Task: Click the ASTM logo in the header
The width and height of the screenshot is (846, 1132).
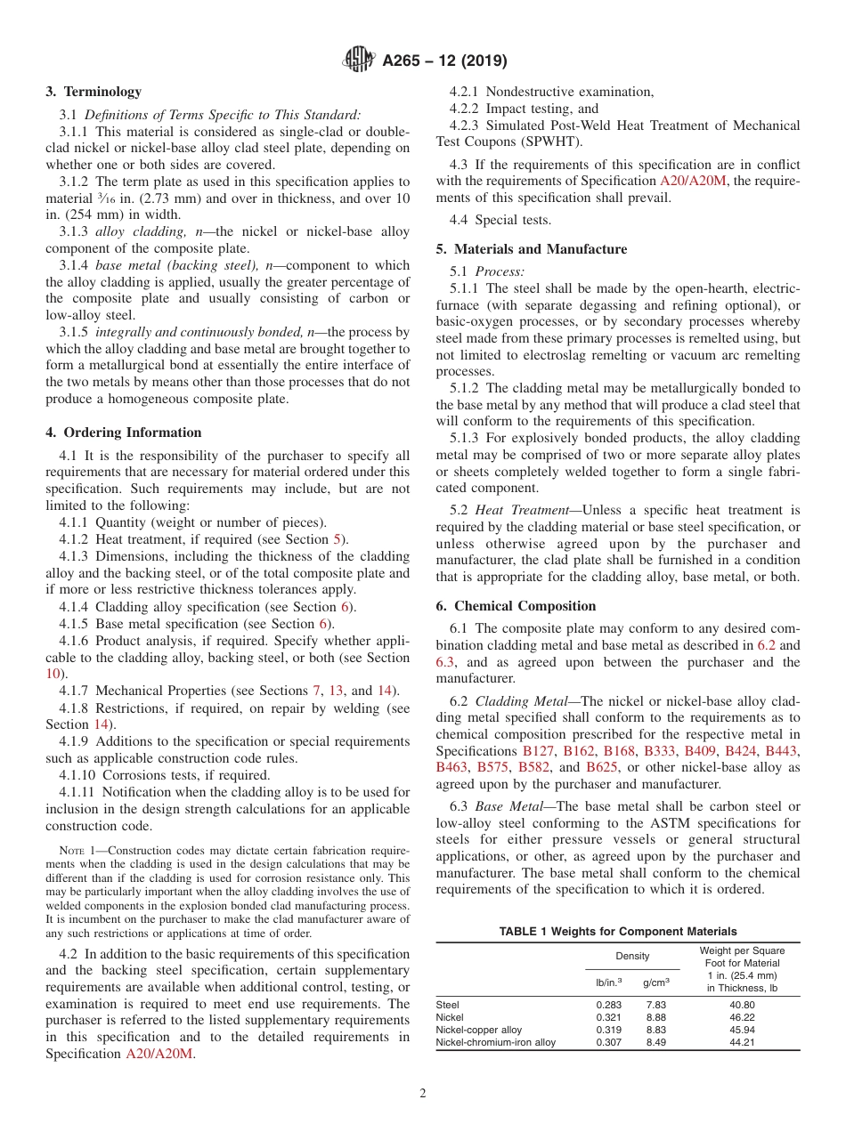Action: coord(359,61)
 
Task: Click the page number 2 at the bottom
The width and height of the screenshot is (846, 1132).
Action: coord(423,1094)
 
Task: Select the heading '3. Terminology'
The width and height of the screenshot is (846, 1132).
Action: coord(94,92)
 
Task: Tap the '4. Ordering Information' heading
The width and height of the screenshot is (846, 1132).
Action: coord(124,433)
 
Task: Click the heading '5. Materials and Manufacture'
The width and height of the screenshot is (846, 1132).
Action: coord(531,249)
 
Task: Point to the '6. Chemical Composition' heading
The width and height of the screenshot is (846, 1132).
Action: coord(516,606)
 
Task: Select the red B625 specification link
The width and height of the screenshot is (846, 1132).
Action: coord(602,767)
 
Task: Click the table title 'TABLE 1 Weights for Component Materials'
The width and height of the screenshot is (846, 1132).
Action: coord(617,931)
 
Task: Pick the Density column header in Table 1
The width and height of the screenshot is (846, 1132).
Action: coord(632,956)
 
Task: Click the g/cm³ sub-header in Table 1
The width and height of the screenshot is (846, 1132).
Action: coord(656,982)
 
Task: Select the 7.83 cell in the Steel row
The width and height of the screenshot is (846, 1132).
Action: coord(656,1005)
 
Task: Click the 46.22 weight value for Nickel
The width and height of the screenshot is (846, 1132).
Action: coord(742,1017)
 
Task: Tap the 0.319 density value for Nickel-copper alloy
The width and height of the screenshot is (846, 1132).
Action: coord(608,1030)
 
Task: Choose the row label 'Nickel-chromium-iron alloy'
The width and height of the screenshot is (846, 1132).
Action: coord(495,1042)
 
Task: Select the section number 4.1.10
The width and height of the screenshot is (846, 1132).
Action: coord(78,775)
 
